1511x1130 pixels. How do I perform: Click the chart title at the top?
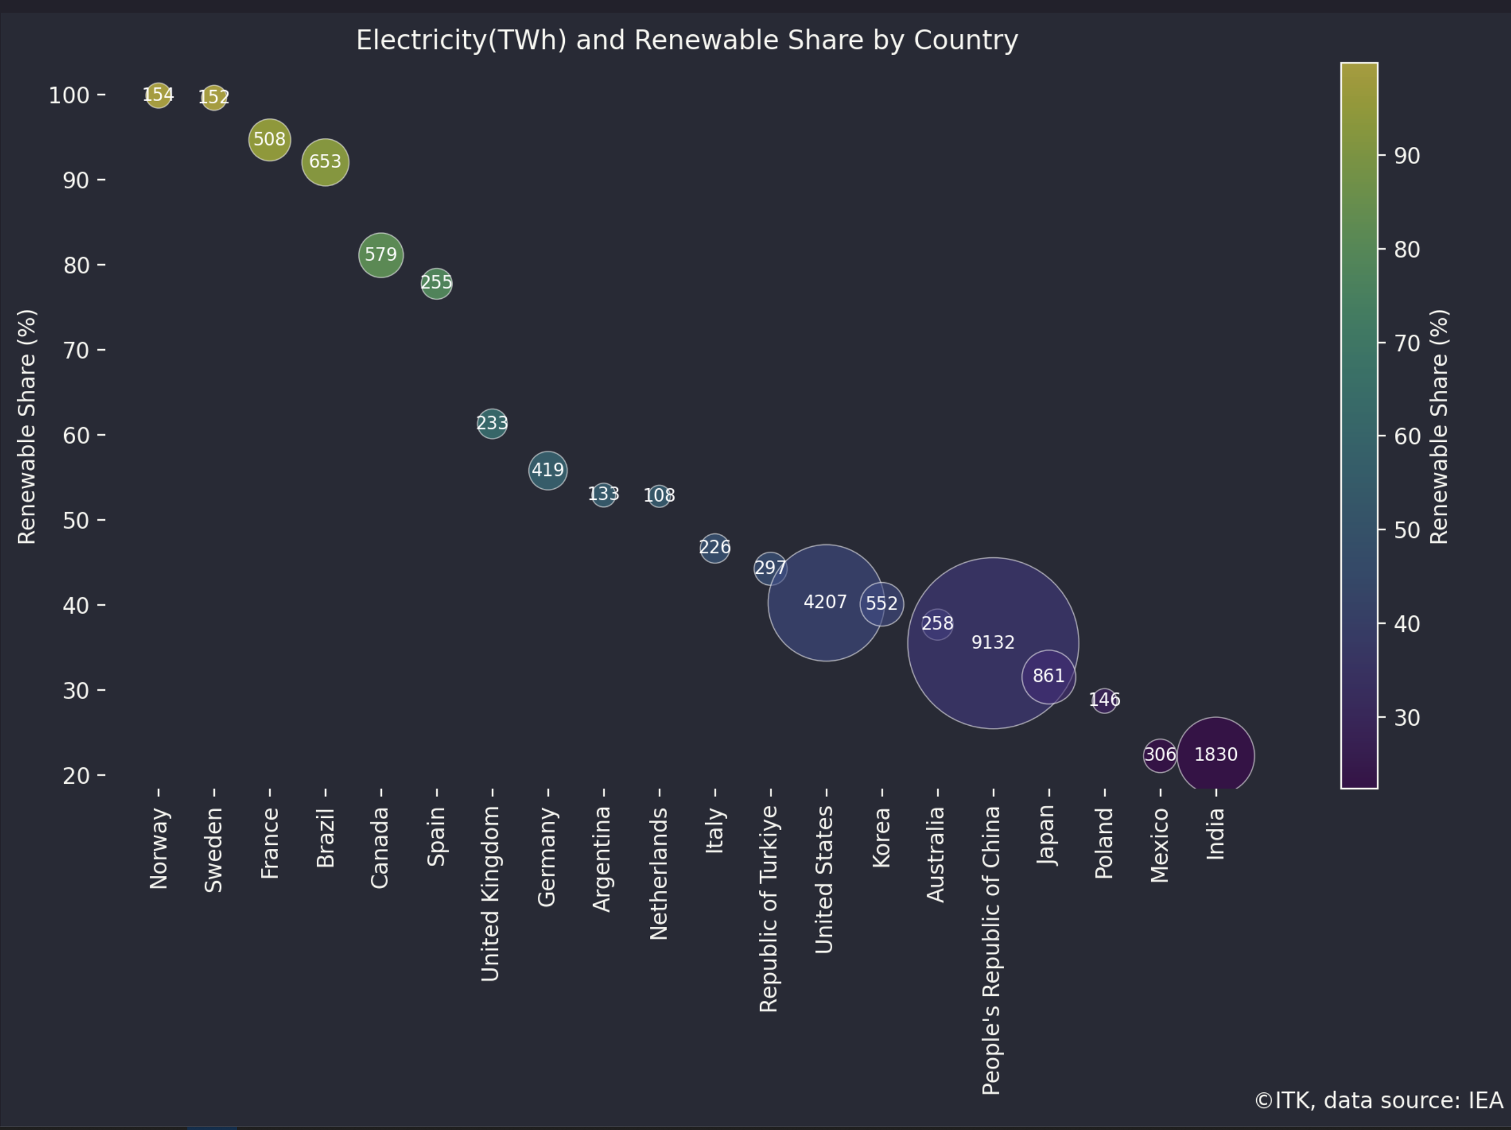tap(686, 40)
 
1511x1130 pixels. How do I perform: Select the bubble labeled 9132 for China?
tap(993, 642)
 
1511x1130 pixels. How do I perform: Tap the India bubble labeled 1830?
tap(1215, 754)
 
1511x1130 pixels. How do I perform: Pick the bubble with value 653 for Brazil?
tap(325, 162)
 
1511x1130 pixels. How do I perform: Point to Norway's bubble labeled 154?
tap(158, 95)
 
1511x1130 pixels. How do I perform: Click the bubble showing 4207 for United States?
tap(825, 602)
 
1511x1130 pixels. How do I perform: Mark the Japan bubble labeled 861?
tap(1048, 677)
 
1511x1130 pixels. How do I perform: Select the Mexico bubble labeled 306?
tap(1159, 755)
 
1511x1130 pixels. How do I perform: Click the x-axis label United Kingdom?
tap(490, 894)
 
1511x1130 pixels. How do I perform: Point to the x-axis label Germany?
tap(547, 857)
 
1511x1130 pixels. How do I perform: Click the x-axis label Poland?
tap(1104, 843)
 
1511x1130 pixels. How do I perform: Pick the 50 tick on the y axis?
tap(76, 520)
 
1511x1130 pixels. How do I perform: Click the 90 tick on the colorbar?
tap(1407, 156)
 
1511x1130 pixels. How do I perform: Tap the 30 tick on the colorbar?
tap(1407, 717)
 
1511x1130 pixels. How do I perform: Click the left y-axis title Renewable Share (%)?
tap(27, 427)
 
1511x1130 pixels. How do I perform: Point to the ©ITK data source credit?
tap(1378, 1101)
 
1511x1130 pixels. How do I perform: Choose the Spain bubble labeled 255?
tap(436, 283)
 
